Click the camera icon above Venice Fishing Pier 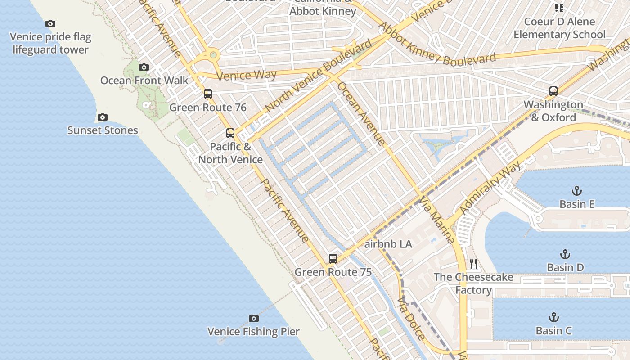[x=254, y=318]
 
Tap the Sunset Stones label [x=103, y=130]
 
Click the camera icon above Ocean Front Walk [x=144, y=67]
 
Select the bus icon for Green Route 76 [x=208, y=94]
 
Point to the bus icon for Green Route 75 [x=333, y=259]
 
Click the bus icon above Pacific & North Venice [x=230, y=133]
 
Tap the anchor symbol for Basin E [x=577, y=191]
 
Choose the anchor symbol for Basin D [x=565, y=255]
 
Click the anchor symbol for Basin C [x=554, y=318]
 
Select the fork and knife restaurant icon [x=473, y=264]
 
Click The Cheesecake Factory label [x=473, y=283]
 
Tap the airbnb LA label [x=388, y=244]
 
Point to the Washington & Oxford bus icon [x=553, y=91]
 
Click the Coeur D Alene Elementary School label [x=559, y=28]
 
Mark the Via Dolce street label [x=411, y=318]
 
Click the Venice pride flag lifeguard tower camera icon [x=50, y=24]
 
